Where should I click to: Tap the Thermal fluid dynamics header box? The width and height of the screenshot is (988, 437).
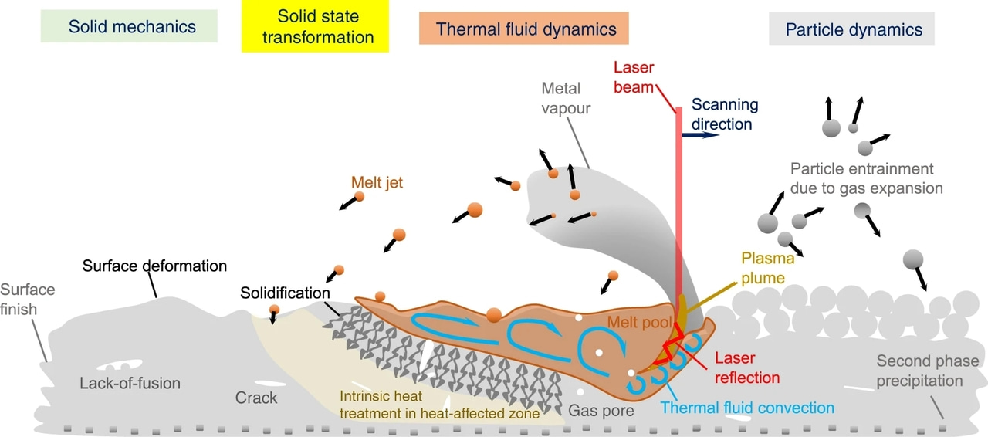coord(526,29)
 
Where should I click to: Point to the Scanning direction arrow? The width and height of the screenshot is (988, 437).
coord(701,134)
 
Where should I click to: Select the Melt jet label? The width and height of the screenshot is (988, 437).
coord(377,182)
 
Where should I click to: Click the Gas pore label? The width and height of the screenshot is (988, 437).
coord(601,411)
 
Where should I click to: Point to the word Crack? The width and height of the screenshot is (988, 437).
coord(255,398)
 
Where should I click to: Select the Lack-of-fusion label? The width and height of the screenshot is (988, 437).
coord(130,382)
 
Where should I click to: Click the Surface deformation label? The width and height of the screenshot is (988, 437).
coord(154,266)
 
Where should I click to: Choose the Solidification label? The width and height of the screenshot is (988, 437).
coord(285,293)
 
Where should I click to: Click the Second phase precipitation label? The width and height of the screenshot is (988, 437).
coord(927,371)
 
